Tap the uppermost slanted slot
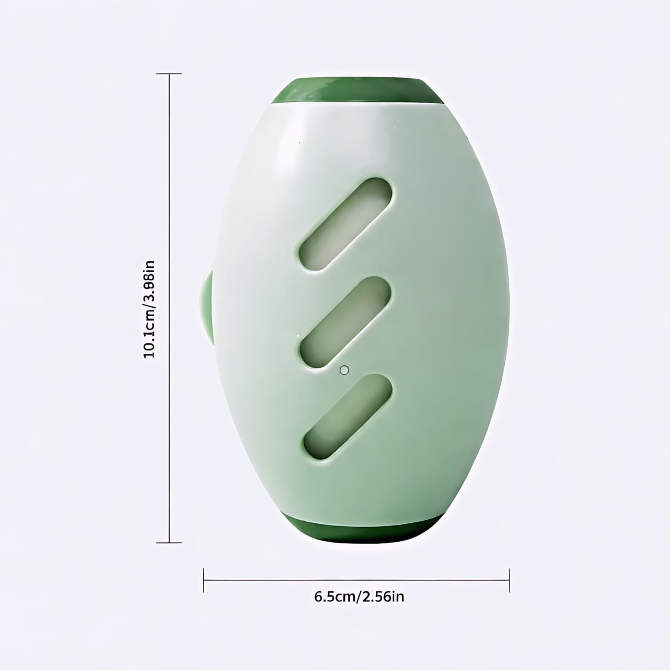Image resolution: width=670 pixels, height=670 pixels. coord(345,225)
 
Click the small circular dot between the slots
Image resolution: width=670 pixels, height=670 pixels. coord(344,370)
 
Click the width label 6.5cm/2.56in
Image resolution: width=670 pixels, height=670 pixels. coord(359,596)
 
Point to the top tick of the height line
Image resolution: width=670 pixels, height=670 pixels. coord(170,74)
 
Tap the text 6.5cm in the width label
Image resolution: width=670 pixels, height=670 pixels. coord(334,596)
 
